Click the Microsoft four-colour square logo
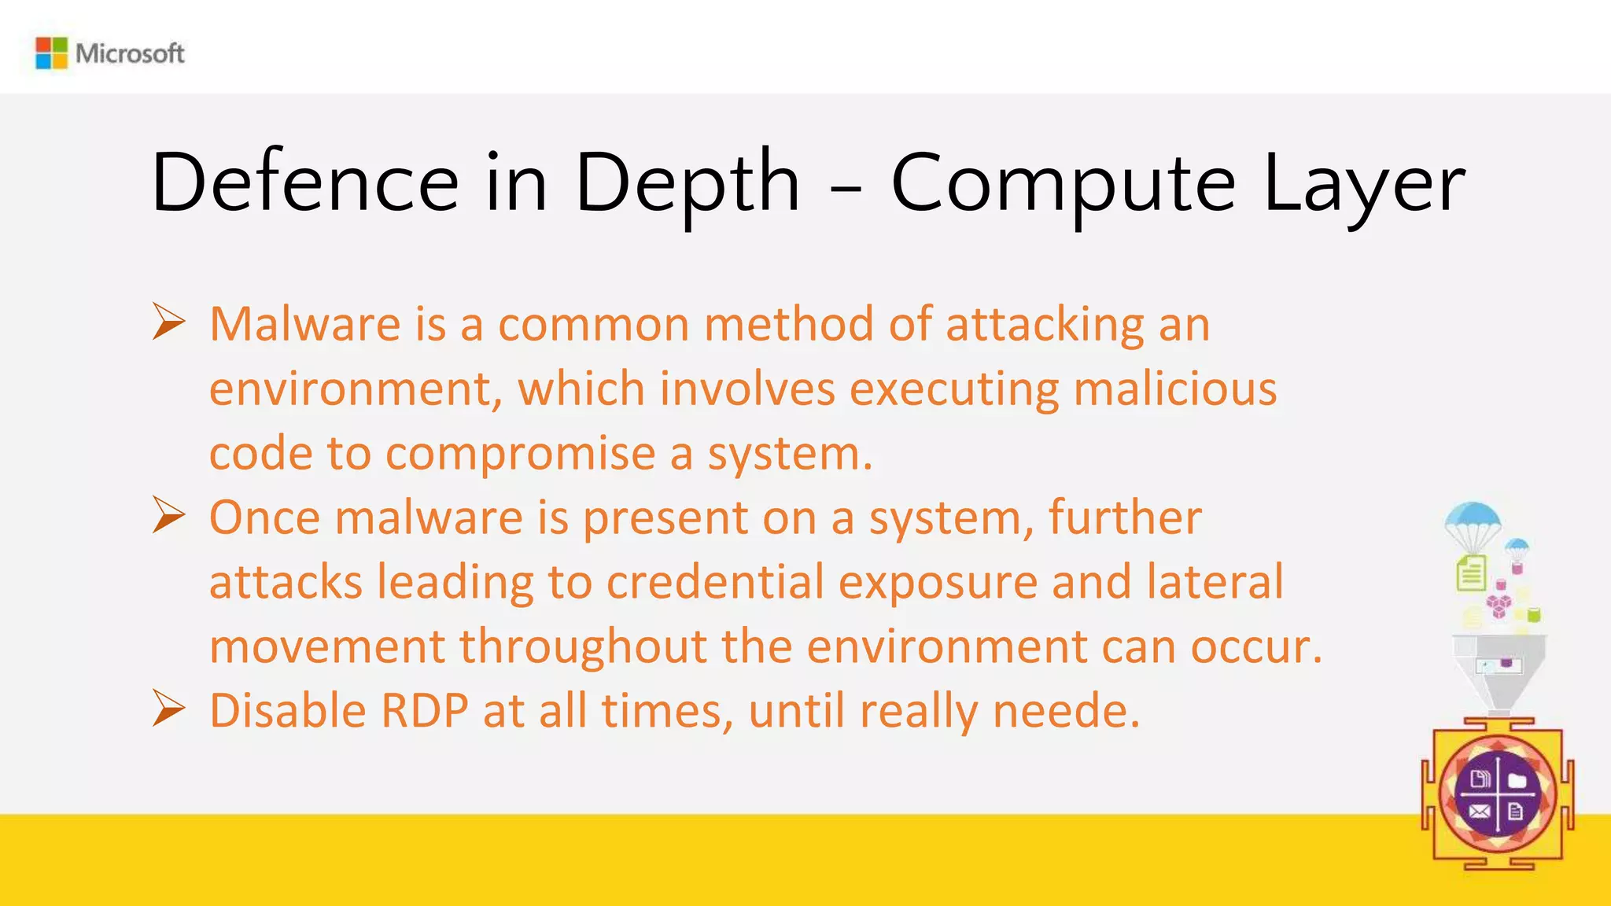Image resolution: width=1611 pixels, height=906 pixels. (x=52, y=53)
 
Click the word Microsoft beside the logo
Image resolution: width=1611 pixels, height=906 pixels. (x=130, y=53)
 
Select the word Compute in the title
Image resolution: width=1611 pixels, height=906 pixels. (x=1063, y=185)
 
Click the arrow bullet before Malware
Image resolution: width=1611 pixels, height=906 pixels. (x=168, y=322)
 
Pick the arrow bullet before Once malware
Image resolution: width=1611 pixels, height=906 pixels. (x=168, y=516)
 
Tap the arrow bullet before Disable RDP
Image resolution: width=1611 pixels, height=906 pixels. (x=168, y=709)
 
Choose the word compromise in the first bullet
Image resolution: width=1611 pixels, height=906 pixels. (x=520, y=455)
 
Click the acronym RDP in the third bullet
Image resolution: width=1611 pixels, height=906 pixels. (x=425, y=711)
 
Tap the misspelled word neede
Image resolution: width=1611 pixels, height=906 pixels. (x=1065, y=711)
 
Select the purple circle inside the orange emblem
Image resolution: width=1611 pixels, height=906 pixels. (x=1497, y=795)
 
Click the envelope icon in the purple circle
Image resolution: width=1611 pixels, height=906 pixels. (x=1479, y=812)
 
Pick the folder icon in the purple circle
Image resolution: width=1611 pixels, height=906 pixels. (x=1517, y=779)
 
